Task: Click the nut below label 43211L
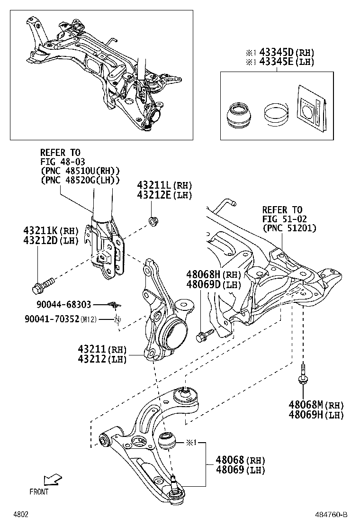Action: coord(153,220)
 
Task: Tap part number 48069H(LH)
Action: coord(316,415)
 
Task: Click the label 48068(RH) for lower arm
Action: coord(240,460)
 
